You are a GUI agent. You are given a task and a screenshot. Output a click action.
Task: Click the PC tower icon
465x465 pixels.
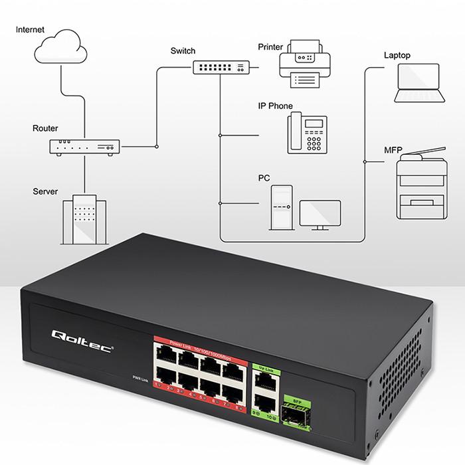coord(280,207)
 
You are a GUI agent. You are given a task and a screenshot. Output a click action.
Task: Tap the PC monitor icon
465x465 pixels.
coord(320,215)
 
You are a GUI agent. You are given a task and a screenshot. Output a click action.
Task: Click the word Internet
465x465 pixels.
coord(31,30)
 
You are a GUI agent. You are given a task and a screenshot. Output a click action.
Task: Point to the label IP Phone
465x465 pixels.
coord(275,106)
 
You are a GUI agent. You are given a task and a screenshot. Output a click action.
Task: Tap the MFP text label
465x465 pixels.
coord(393,151)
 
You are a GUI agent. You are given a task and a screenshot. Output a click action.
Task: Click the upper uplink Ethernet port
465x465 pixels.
coord(264,377)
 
